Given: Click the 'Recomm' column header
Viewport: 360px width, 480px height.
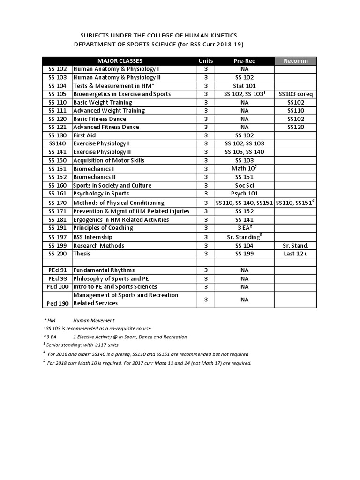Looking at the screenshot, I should pyautogui.click(x=296, y=61).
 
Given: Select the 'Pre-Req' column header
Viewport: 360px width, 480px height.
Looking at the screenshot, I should pyautogui.click(x=244, y=61).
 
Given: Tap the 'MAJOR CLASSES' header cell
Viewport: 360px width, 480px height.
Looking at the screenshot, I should pyautogui.click(x=120, y=61).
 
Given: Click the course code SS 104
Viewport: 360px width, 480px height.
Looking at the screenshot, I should pyautogui.click(x=58, y=86).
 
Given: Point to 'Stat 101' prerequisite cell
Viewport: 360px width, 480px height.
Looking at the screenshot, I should pyautogui.click(x=244, y=86).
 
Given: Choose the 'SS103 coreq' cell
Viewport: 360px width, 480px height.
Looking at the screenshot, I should pyautogui.click(x=296, y=94).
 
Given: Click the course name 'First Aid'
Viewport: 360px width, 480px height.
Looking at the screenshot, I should pyautogui.click(x=84, y=135).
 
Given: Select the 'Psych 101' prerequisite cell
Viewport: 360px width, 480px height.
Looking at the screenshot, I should pyautogui.click(x=244, y=194).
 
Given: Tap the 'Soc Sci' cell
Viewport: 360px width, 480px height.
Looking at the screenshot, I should pyautogui.click(x=244, y=185).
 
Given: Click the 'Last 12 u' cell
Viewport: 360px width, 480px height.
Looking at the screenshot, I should pyautogui.click(x=296, y=254).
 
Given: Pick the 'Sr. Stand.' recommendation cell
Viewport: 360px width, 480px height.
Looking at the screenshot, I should pyautogui.click(x=296, y=246).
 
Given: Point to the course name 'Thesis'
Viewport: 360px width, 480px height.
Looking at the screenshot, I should pyautogui.click(x=82, y=254).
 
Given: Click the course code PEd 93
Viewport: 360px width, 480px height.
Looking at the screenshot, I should pyautogui.click(x=57, y=278).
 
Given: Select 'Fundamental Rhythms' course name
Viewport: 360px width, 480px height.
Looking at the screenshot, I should pyautogui.click(x=104, y=270).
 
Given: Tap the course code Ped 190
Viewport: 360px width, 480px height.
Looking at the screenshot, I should pyautogui.click(x=57, y=303).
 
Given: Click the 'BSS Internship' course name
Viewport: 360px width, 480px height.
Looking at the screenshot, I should pyautogui.click(x=93, y=237).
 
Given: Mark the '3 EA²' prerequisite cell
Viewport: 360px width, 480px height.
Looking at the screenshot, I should pyautogui.click(x=244, y=228).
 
